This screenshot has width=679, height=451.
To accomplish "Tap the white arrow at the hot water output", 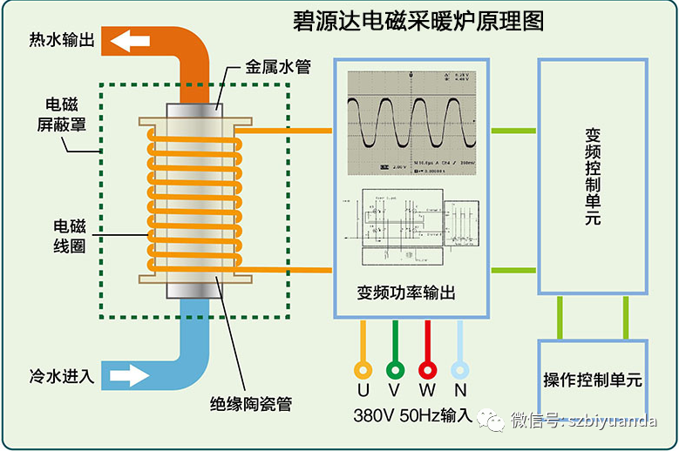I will click(128, 41).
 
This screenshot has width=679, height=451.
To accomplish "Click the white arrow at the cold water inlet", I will click(128, 376).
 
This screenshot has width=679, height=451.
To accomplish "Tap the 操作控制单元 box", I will click(593, 380).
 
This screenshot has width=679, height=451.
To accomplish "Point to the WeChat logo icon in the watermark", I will click(496, 421).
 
